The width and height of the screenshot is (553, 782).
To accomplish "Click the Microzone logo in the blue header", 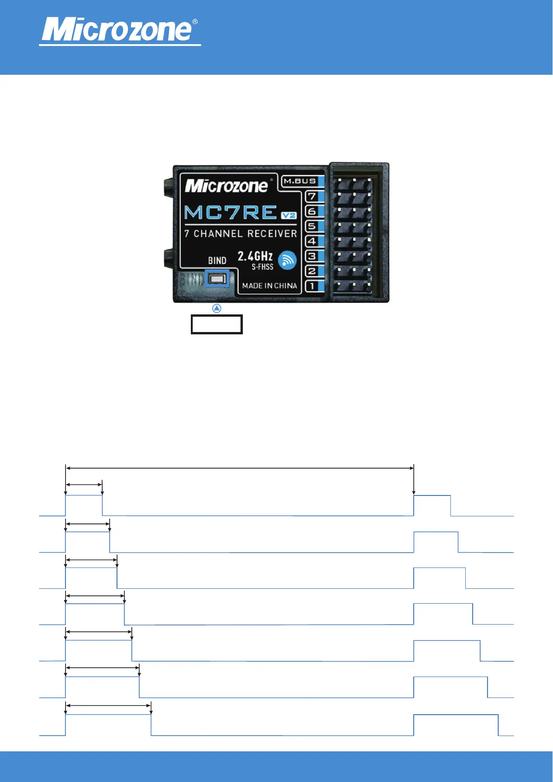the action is point(117,30).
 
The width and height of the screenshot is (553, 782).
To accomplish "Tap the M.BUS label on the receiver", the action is point(300,181).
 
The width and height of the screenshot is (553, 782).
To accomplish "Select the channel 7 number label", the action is point(312,196).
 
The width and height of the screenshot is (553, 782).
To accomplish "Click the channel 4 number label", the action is point(312,241).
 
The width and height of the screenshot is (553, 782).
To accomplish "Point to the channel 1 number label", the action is point(312,286).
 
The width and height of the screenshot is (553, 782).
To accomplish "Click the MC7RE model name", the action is point(231,213).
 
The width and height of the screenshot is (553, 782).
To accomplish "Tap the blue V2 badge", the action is point(289,215).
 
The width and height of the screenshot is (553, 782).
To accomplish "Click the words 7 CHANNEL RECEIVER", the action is point(241,234).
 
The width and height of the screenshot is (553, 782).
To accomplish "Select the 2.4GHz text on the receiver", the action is point(255,256).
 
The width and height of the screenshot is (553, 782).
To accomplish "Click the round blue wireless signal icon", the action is point(287,260).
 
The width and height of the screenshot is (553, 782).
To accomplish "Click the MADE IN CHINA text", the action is point(269,286).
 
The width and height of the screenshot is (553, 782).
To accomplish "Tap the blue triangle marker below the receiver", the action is point(216,308).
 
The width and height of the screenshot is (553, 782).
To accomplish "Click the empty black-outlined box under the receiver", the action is point(216,325).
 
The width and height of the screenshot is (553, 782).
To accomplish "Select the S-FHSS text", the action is point(262,267).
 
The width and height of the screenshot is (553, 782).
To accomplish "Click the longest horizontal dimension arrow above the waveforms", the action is point(239,469).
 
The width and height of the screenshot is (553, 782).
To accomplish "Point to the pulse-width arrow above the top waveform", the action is point(84,484).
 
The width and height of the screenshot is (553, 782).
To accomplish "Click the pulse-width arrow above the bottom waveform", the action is point(108,706).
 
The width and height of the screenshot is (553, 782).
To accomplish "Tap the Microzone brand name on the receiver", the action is point(226,186).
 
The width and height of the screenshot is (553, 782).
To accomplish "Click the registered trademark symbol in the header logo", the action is point(195,22).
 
